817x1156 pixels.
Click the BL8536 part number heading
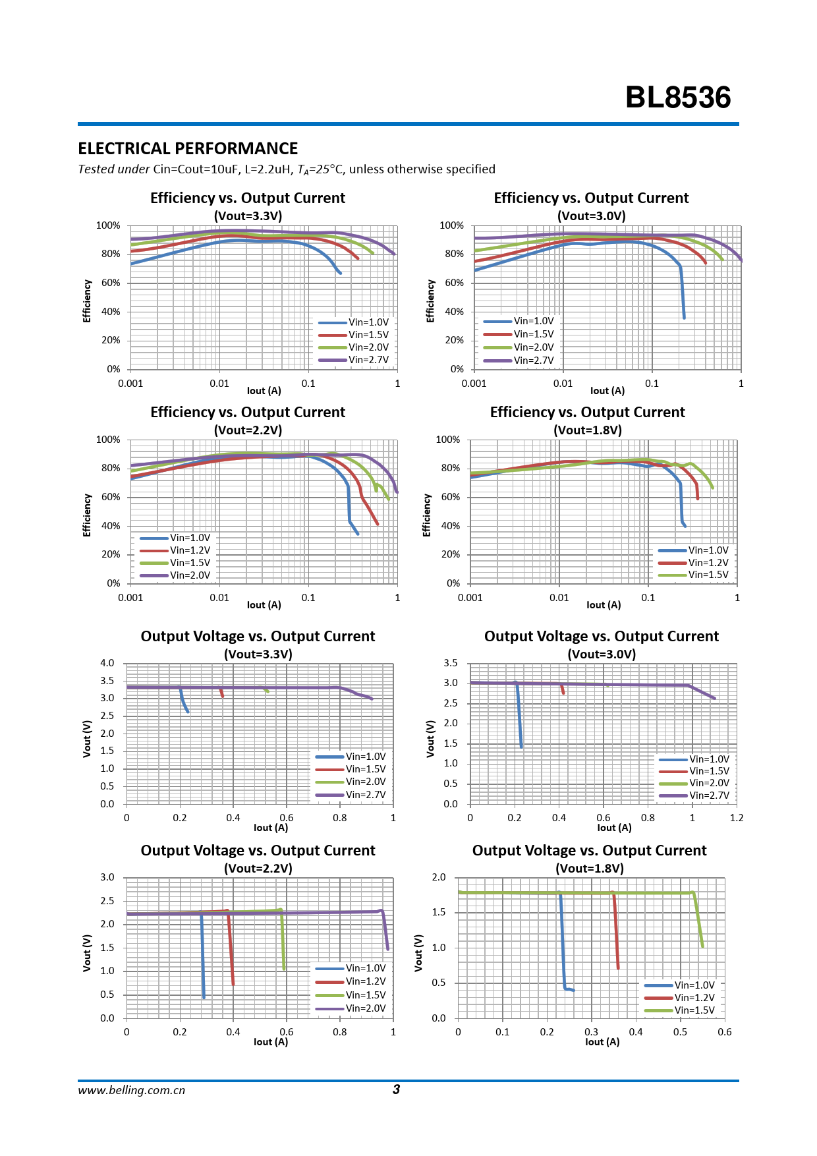click(x=677, y=98)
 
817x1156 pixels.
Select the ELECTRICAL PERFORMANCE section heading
click(x=188, y=148)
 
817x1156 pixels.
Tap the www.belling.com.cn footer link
click(x=131, y=1090)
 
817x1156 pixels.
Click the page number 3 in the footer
click(x=396, y=1089)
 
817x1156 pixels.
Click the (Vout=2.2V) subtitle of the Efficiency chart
click(x=248, y=430)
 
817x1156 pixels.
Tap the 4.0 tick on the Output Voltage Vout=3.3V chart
click(x=107, y=663)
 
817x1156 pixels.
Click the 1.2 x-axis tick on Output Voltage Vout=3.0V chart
click(x=737, y=818)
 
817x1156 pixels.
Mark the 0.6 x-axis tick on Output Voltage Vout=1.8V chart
click(x=724, y=1032)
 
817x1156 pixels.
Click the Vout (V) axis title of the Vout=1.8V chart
click(x=418, y=952)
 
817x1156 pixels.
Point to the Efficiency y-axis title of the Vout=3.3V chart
click(x=87, y=301)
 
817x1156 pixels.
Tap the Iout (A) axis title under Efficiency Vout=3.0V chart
click(x=607, y=391)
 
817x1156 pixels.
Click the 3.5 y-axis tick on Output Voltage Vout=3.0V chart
click(x=451, y=663)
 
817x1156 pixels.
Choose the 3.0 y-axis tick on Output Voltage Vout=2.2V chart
click(x=107, y=877)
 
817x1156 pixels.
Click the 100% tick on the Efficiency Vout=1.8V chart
click(x=448, y=440)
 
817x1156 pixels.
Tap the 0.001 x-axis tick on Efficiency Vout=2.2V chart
click(x=130, y=598)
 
